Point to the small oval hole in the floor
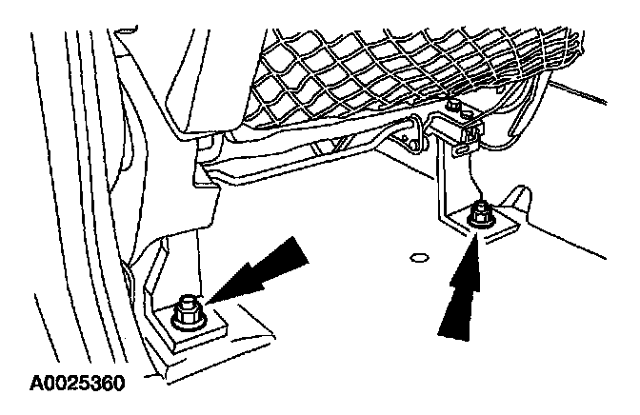click(416, 256)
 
